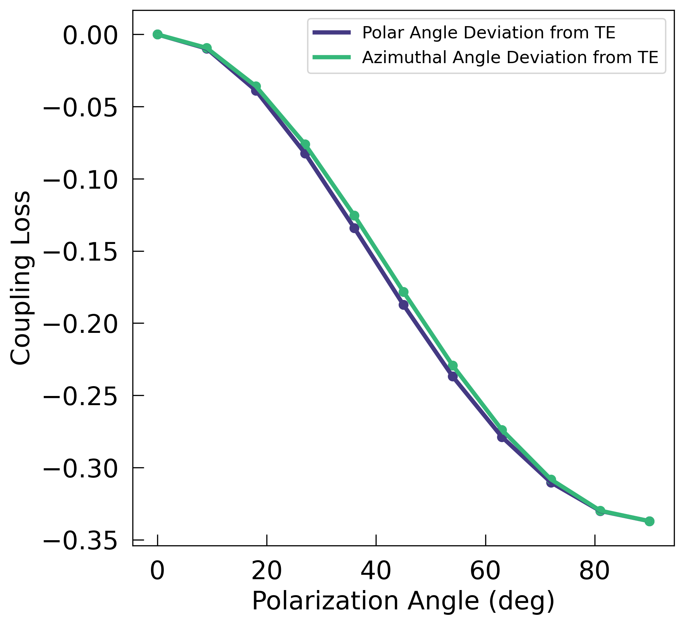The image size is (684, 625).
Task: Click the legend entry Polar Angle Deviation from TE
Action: pyautogui.click(x=489, y=33)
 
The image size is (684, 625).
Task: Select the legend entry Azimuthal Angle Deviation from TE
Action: pyautogui.click(x=510, y=57)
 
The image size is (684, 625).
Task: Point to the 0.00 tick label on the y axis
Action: pyautogui.click(x=90, y=35)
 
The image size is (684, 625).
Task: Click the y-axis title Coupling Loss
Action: pyautogui.click(x=20, y=278)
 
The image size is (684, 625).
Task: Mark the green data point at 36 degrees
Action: pyautogui.click(x=354, y=215)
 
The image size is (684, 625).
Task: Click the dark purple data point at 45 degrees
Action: pyautogui.click(x=403, y=305)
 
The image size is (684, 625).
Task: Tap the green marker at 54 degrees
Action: pyautogui.click(x=453, y=366)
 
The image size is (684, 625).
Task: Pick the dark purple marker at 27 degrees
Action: pyautogui.click(x=305, y=153)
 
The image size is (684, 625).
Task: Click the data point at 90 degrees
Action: pyautogui.click(x=649, y=521)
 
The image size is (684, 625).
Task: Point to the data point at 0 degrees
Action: pyautogui.click(x=157, y=34)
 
